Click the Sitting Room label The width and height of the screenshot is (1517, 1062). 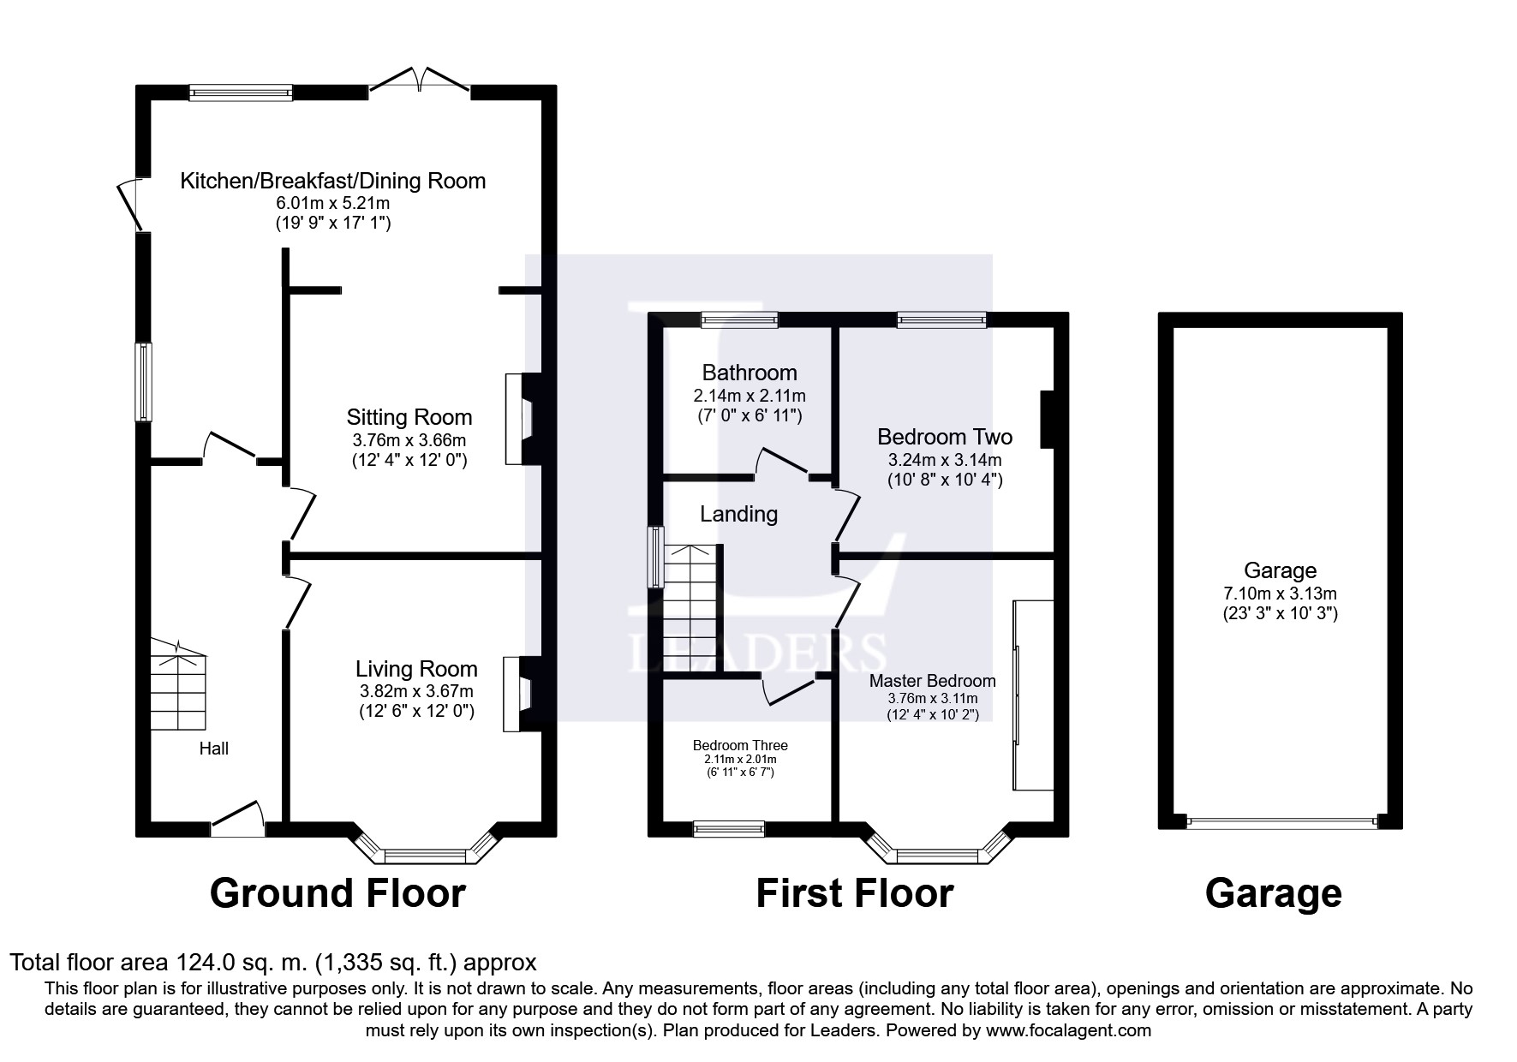pyautogui.click(x=409, y=417)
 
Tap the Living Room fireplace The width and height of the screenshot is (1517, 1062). pyautogui.click(x=522, y=695)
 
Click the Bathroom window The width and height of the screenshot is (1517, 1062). pyautogui.click(x=739, y=320)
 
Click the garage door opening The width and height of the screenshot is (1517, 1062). pyautogui.click(x=1281, y=822)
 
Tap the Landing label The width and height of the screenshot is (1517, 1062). pyautogui.click(x=738, y=514)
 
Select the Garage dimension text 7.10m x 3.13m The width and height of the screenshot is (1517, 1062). pyautogui.click(x=1281, y=594)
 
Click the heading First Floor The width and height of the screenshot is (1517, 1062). pyautogui.click(x=854, y=893)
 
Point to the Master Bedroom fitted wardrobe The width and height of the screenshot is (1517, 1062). pyautogui.click(x=1033, y=695)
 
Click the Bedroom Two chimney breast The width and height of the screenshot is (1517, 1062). pyautogui.click(x=1047, y=419)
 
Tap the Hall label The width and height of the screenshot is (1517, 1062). pyautogui.click(x=214, y=749)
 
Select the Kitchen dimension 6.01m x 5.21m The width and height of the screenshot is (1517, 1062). pyautogui.click(x=332, y=204)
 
